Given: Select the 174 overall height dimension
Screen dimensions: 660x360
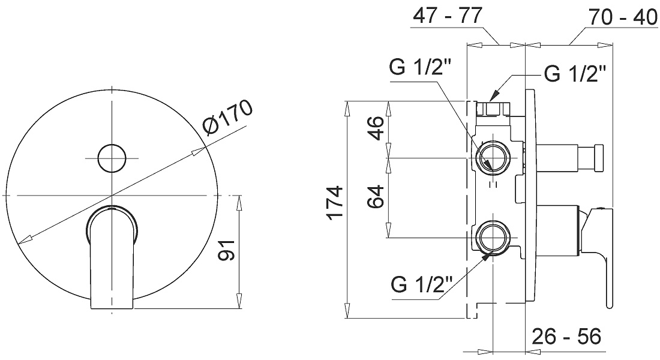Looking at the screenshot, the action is click(335, 202).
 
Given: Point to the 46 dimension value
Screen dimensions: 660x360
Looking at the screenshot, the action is click(376, 128).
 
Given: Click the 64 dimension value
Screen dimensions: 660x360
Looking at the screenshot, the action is click(376, 196).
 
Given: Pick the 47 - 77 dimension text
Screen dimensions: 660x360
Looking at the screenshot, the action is click(447, 16).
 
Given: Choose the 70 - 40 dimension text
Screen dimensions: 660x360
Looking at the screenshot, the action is click(623, 17).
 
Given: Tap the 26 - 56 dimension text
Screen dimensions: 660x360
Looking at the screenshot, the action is click(566, 336).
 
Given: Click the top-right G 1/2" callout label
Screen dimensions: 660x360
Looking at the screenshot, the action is click(575, 74).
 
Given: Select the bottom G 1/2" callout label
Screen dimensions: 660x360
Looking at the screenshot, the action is click(422, 284).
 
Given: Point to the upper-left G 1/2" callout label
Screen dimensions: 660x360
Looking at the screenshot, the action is click(421, 66).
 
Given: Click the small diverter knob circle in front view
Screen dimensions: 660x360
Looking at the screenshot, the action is click(112, 158).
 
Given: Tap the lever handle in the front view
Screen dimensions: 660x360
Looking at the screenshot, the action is click(112, 257).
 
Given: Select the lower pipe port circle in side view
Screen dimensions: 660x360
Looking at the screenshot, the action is click(493, 238).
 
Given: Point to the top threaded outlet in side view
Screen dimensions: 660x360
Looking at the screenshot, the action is click(491, 109).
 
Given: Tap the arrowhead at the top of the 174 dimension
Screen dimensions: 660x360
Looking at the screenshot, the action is click(347, 109).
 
